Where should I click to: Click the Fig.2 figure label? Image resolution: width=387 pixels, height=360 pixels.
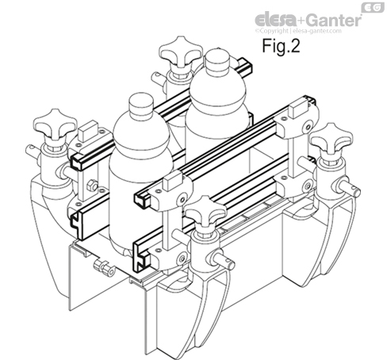(280, 45)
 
